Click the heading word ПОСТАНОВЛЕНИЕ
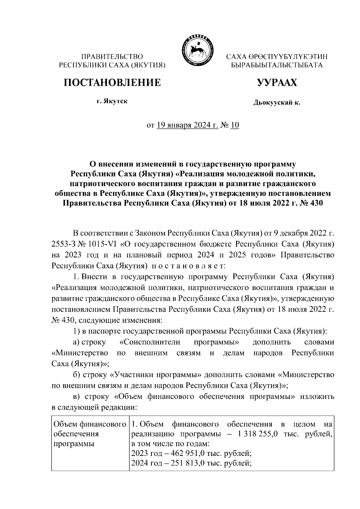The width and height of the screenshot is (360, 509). pyautogui.click(x=112, y=82)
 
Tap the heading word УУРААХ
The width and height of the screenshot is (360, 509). pyautogui.click(x=277, y=82)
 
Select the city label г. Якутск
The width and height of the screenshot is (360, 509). pyautogui.click(x=112, y=101)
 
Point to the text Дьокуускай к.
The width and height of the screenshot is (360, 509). pyautogui.click(x=277, y=103)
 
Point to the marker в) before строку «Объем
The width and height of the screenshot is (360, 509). pyautogui.click(x=76, y=397)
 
